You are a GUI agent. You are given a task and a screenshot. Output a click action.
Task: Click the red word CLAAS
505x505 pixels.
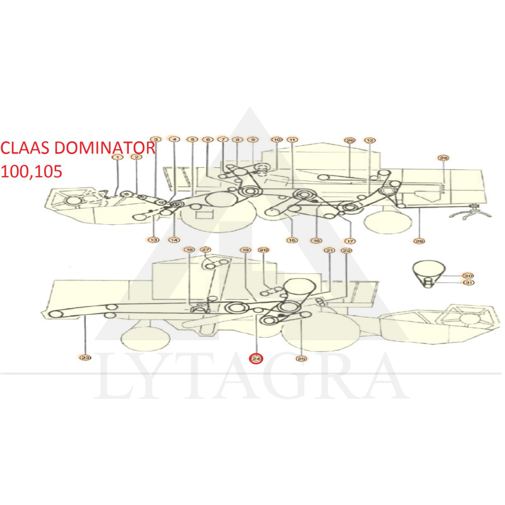point(25,148)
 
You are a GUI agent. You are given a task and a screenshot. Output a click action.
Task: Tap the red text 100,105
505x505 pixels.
point(32,171)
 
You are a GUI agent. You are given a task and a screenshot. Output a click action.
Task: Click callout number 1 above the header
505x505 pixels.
point(117,157)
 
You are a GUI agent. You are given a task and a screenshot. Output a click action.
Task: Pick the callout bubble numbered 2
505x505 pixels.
point(136,157)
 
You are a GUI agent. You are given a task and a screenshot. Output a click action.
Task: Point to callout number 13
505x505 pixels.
point(153,240)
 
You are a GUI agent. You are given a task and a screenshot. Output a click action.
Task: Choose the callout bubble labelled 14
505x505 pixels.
point(174,240)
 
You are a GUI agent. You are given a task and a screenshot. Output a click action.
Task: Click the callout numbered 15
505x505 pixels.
point(292,241)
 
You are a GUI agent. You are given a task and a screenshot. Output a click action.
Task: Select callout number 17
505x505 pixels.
point(350,241)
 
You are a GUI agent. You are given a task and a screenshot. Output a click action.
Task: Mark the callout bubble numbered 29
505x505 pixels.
point(419,241)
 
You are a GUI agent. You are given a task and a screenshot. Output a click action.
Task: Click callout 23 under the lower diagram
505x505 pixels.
point(85,359)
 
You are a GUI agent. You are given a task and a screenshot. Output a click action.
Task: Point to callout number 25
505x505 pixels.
point(302,359)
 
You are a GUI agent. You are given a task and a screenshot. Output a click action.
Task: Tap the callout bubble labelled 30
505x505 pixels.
point(468,276)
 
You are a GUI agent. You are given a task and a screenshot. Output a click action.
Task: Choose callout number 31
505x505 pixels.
point(468,283)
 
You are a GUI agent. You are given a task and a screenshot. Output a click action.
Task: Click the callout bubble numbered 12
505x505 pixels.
point(370,140)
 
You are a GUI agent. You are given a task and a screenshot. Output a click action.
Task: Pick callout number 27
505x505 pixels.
point(206,250)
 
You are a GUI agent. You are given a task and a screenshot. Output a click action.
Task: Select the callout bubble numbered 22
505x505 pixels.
point(347,251)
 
